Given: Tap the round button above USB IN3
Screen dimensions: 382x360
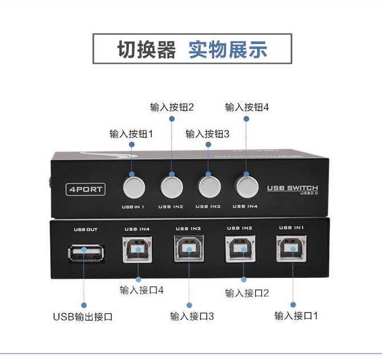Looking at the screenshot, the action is pos(208,185).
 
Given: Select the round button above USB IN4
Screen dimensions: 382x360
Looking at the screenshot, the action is pos(246,185).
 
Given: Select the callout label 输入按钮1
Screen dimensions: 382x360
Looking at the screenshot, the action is pos(131,134).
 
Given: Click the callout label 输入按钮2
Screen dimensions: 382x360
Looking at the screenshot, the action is pos(172,107).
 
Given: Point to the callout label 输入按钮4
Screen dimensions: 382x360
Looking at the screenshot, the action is pos(247,107).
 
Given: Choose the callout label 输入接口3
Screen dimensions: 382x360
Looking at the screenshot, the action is pos(192,315).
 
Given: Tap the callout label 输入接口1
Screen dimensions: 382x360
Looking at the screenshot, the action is pos(296,315).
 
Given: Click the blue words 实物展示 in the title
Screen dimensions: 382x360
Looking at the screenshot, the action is pos(228,50).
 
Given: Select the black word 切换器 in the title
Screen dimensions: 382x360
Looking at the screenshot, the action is pos(147,50).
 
